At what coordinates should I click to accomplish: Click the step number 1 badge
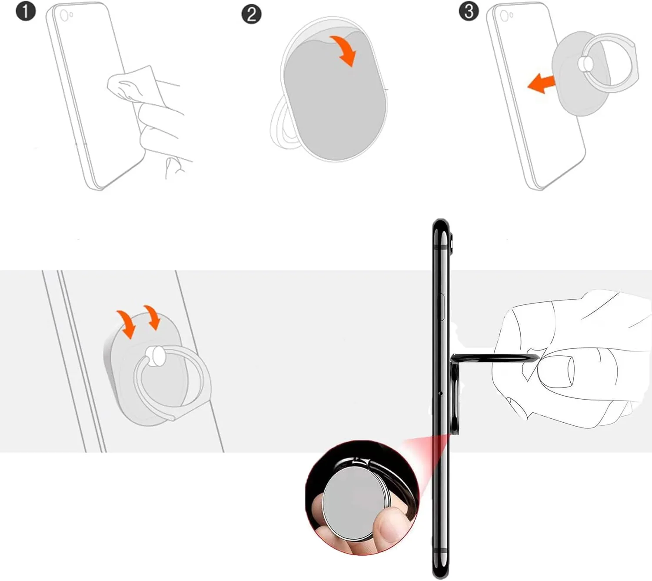26,12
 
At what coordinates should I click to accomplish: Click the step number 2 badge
252,14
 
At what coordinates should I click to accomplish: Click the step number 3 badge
469,11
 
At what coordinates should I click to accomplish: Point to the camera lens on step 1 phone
64,15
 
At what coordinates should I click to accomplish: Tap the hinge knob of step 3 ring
585,63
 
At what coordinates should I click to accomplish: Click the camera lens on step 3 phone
504,14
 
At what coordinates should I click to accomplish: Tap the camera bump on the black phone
453,242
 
